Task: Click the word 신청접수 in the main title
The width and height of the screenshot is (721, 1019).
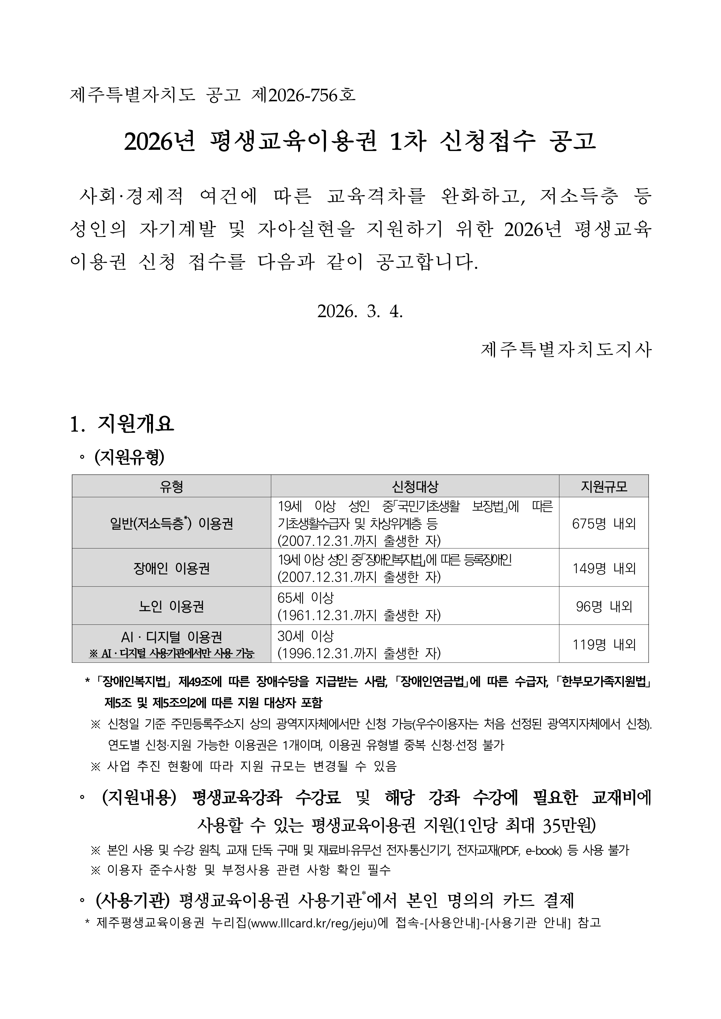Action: tap(487, 142)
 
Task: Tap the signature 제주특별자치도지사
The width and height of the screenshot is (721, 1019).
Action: tap(566, 350)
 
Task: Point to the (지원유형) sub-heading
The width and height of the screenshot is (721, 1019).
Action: tap(129, 457)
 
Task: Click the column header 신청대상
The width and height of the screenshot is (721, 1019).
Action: tap(415, 487)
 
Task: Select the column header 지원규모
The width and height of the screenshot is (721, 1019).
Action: tap(604, 487)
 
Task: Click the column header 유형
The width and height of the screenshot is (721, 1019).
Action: tap(171, 487)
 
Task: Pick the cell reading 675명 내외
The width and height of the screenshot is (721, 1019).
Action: tap(604, 524)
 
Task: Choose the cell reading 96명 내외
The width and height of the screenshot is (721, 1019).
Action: tap(604, 606)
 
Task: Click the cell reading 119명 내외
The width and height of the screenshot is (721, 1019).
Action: tap(604, 644)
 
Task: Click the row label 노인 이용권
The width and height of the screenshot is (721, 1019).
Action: tap(171, 606)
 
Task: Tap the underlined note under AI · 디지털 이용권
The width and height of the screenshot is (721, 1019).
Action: tap(171, 653)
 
